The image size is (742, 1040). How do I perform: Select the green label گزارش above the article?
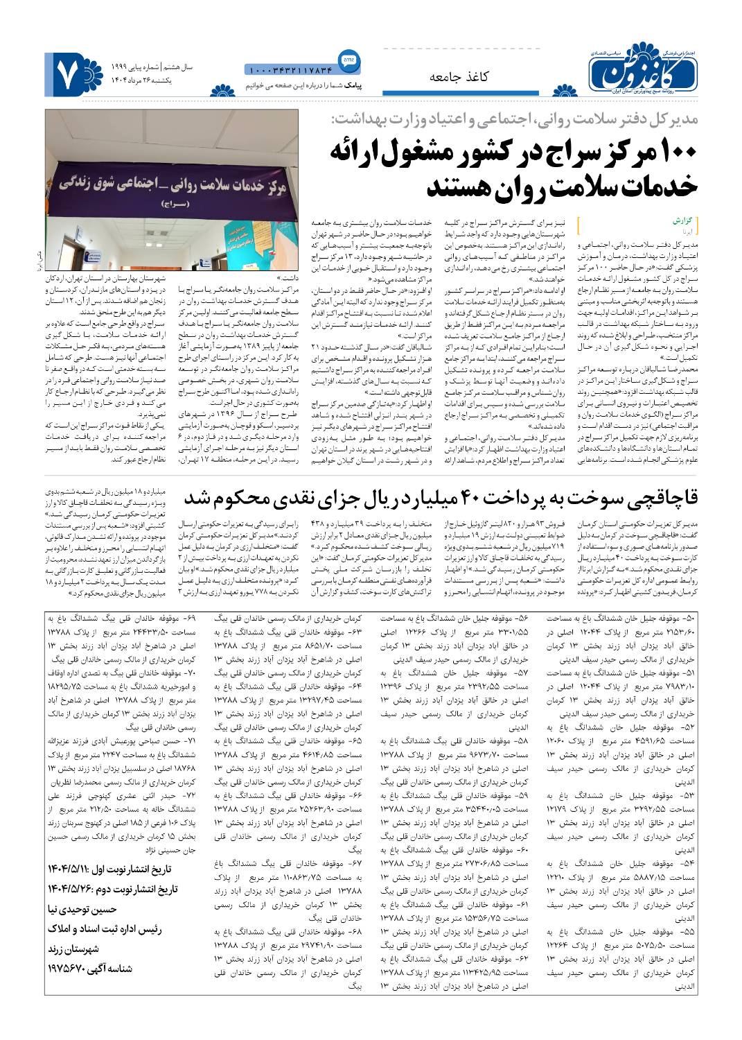682,221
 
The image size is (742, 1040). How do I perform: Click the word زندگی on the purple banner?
82,184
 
